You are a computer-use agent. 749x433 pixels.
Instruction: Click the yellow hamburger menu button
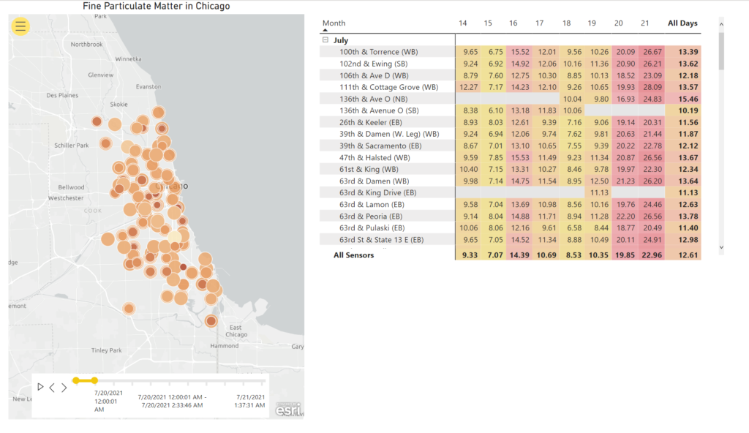(20, 26)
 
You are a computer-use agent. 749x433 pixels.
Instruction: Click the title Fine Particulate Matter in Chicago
(156, 7)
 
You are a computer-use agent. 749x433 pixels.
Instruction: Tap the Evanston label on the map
(148, 86)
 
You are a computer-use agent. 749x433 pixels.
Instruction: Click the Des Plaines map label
(61, 95)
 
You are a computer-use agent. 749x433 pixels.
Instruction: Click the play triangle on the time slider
(41, 387)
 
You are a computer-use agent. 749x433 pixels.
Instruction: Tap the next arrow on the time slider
(64, 387)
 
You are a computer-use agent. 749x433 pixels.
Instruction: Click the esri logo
(288, 410)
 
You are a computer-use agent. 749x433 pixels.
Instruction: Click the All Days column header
(682, 23)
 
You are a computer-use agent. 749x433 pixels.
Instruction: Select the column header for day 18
(566, 23)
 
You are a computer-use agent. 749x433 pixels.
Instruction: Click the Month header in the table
(334, 23)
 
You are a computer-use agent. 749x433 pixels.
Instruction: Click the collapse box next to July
(325, 40)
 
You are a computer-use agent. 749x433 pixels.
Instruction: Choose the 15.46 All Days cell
(688, 99)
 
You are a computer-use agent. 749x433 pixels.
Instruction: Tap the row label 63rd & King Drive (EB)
(377, 192)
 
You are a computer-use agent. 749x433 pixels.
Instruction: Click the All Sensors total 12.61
(688, 255)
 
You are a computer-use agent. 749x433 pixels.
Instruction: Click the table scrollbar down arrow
(722, 248)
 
